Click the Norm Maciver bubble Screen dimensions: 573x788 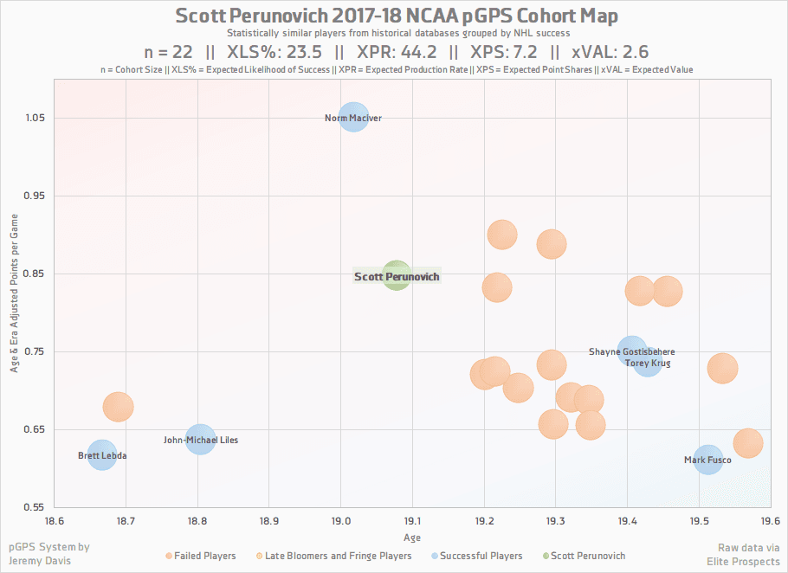(353, 118)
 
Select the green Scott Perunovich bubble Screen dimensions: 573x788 (396, 276)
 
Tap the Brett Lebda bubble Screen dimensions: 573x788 (101, 455)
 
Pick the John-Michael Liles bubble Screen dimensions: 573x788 (200, 440)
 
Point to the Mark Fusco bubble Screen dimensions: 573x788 (707, 460)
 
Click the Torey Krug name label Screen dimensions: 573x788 (648, 364)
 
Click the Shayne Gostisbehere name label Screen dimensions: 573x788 (631, 352)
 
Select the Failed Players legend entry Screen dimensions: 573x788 (204, 556)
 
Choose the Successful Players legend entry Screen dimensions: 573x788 (481, 556)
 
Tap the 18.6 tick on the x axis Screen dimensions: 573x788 (55, 522)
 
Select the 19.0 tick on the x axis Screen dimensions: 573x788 (340, 522)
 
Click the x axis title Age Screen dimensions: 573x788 (412, 538)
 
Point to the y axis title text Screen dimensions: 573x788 (15, 294)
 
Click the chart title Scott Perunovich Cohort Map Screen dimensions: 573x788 (397, 16)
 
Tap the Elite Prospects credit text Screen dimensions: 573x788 (744, 562)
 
